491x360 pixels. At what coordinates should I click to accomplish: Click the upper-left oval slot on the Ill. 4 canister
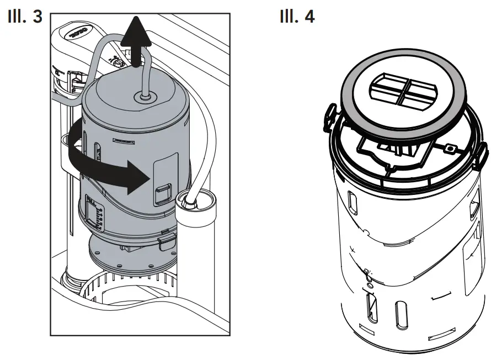click(351, 202)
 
